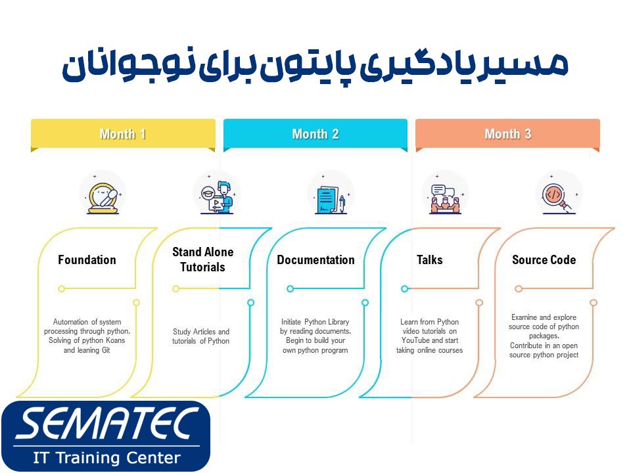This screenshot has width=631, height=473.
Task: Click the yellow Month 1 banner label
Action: pos(123,134)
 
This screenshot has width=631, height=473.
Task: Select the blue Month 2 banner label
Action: pos(315,134)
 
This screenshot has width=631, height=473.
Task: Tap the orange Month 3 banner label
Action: pos(507,134)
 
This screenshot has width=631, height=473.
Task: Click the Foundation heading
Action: pos(87,259)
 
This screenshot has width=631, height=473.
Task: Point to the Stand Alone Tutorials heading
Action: pos(202,259)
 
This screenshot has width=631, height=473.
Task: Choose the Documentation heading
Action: pos(315,259)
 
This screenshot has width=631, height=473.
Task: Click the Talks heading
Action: pos(430,259)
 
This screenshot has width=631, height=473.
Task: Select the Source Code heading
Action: pos(544,259)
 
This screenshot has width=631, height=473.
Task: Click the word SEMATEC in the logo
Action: pos(106,424)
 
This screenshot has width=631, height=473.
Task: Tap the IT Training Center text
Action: pos(106,457)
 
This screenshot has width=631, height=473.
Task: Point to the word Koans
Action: pos(114,340)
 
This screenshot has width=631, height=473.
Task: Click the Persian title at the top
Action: pos(315,66)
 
